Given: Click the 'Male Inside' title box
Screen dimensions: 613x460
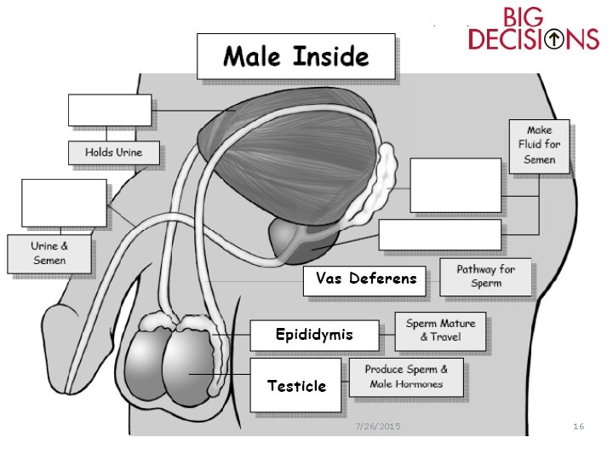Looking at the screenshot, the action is (295, 57).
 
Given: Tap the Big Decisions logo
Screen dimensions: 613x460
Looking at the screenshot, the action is (533, 29).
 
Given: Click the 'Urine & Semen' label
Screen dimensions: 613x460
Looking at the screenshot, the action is (49, 253).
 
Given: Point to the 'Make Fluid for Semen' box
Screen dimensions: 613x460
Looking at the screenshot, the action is (539, 145).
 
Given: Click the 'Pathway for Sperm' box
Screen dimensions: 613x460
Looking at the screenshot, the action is (485, 277).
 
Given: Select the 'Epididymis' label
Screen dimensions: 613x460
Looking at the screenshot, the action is (313, 335).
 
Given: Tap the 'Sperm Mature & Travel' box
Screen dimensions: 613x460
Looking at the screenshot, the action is (440, 331).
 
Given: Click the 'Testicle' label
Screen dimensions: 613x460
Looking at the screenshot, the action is (296, 386).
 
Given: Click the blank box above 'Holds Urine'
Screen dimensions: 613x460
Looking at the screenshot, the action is (110, 111).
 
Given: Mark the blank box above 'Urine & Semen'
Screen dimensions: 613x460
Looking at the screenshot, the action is (65, 203).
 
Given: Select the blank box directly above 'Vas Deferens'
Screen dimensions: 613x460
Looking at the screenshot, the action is (440, 235).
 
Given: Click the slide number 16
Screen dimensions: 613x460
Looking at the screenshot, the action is (578, 426).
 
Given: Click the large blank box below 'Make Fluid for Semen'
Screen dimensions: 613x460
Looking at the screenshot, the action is (455, 185).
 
